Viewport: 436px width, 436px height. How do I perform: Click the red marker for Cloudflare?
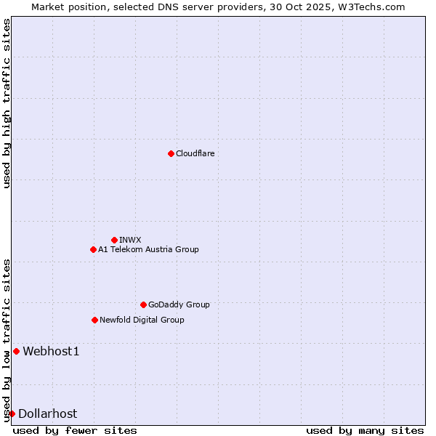click(171, 153)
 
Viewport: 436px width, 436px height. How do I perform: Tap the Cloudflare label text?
click(195, 153)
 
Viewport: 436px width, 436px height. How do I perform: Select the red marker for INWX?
click(114, 240)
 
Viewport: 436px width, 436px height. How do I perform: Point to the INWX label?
click(130, 240)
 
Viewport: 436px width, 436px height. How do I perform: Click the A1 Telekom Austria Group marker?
click(93, 249)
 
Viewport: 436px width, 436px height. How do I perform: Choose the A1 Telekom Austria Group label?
click(148, 249)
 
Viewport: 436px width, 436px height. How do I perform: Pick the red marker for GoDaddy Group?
click(143, 304)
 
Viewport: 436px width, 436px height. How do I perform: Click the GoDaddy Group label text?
click(179, 304)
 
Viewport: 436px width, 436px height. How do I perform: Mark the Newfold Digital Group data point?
click(94, 320)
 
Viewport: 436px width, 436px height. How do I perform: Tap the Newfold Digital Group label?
click(142, 320)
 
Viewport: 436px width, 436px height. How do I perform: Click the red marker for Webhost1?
click(16, 352)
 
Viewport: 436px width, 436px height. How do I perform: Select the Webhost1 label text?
click(51, 352)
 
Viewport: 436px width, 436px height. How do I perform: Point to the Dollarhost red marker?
click(12, 413)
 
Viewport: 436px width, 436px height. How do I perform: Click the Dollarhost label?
click(47, 413)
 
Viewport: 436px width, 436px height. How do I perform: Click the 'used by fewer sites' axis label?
click(75, 430)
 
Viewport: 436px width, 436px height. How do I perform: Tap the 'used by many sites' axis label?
click(365, 430)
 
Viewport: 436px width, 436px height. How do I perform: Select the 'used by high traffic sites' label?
click(7, 103)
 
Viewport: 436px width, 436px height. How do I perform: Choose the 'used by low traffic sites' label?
click(7, 340)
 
